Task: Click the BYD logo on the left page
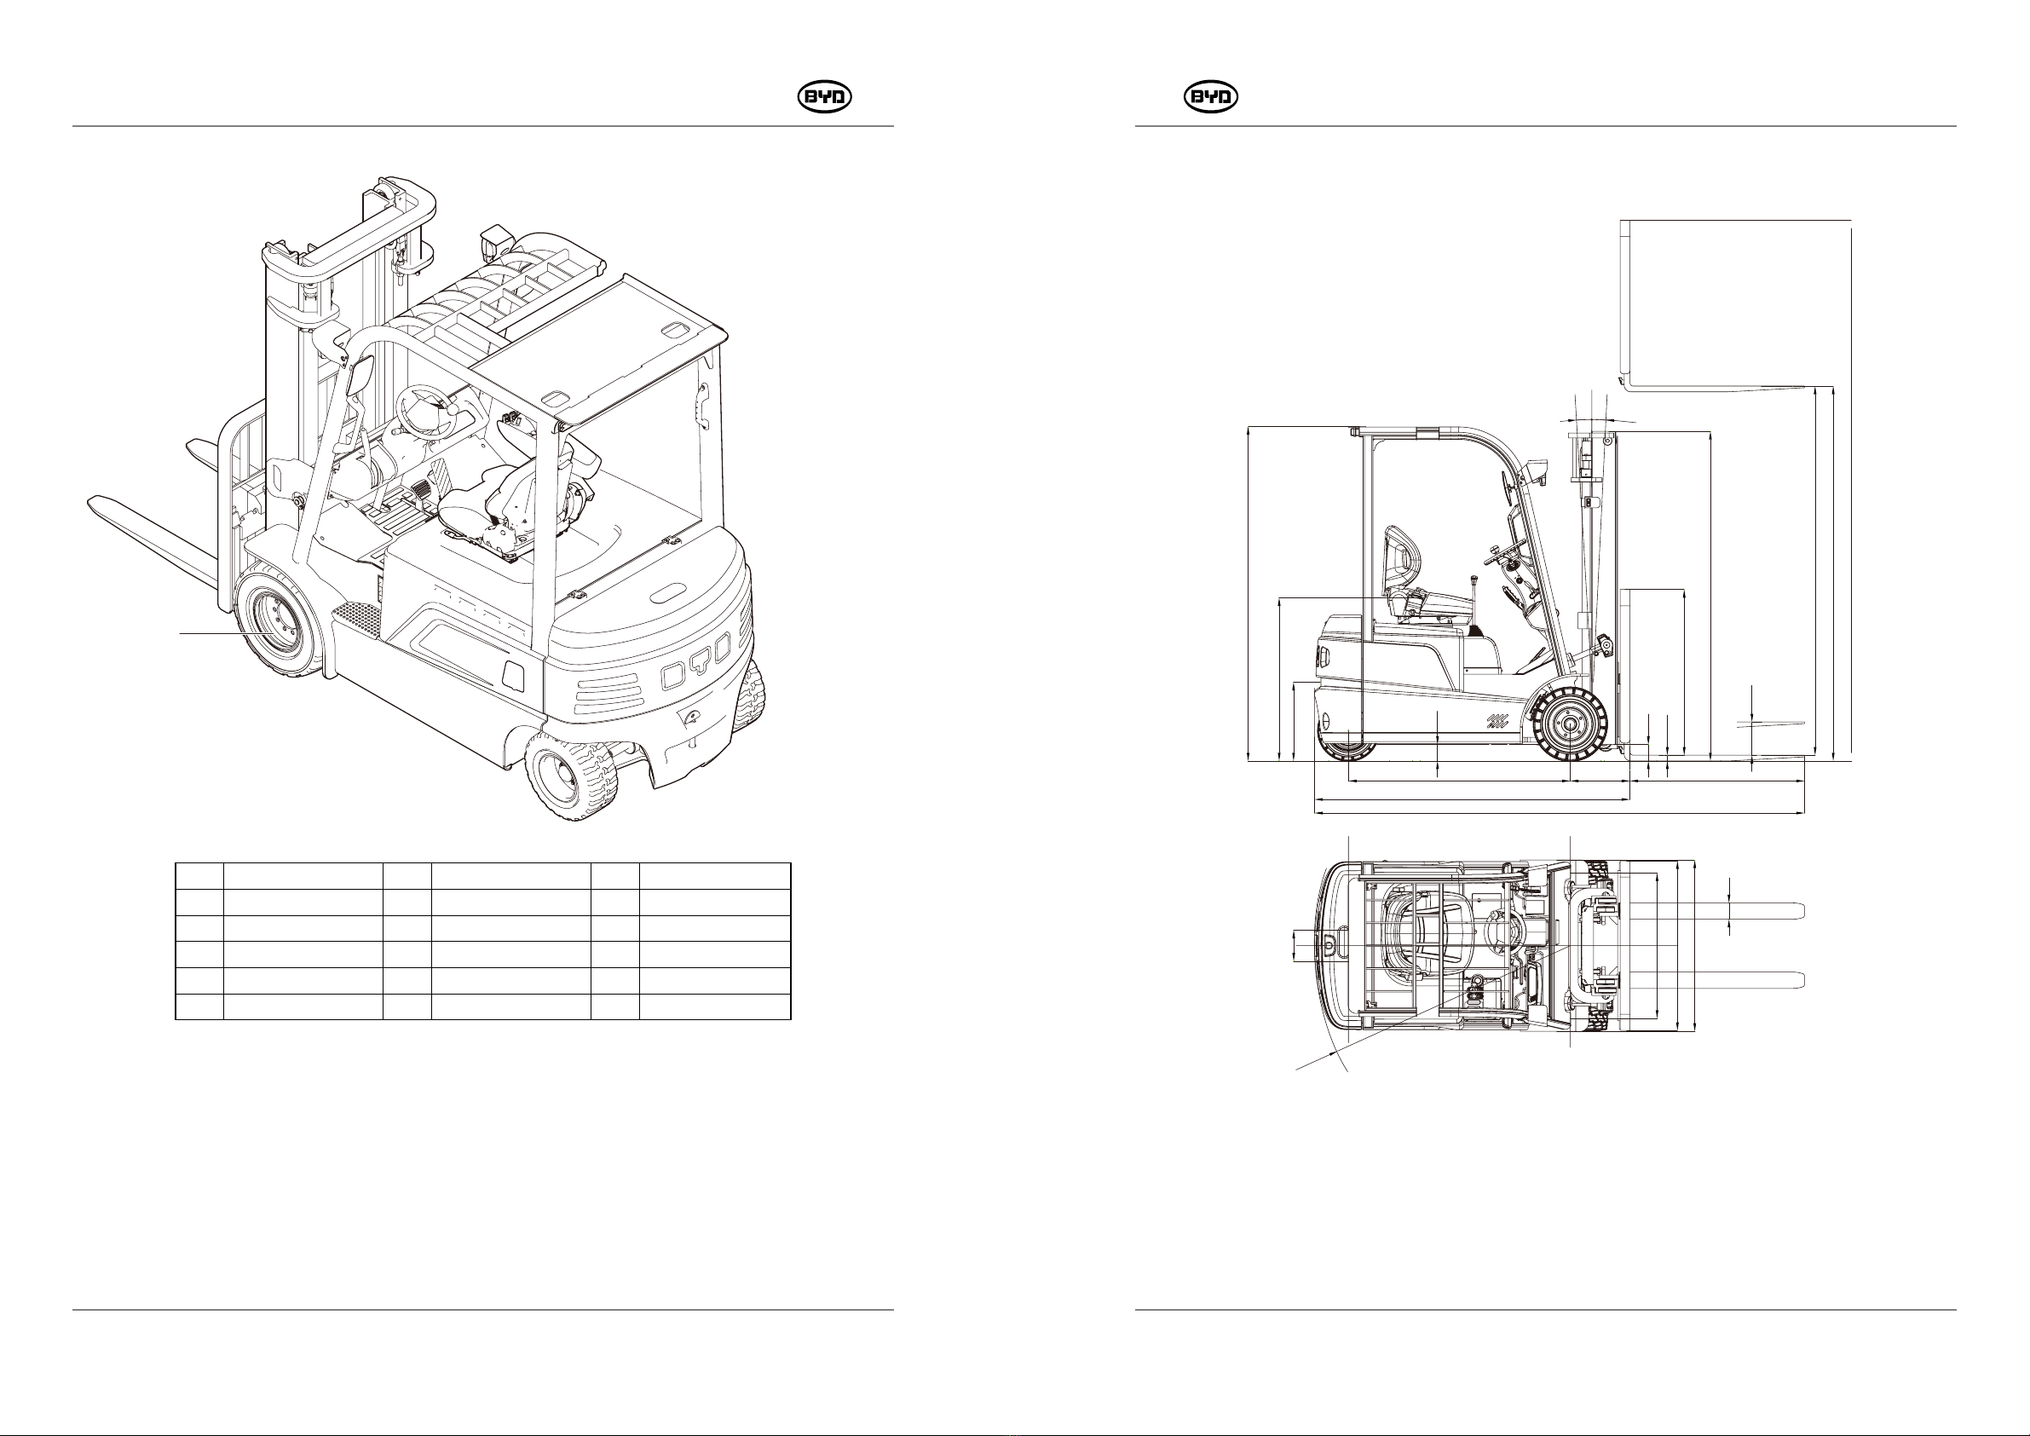pyautogui.click(x=824, y=98)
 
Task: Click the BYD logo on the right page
pyautogui.click(x=1210, y=98)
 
